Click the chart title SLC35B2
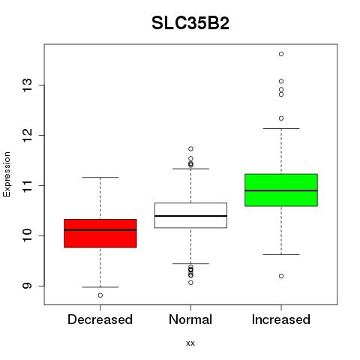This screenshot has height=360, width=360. tap(190, 23)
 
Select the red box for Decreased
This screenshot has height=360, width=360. tap(100, 233)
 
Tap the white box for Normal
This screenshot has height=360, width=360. tap(190, 215)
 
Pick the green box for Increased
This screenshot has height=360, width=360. tap(281, 190)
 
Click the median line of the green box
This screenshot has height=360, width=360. tap(281, 190)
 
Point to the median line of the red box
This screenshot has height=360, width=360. tap(100, 230)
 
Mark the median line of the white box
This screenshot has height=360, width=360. tap(190, 216)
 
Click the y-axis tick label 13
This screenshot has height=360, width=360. tap(27, 85)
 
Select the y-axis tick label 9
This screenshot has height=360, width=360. tap(27, 286)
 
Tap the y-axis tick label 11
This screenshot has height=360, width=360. tap(27, 185)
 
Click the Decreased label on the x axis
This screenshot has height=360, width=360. tap(100, 319)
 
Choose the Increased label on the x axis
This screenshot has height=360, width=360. tap(281, 319)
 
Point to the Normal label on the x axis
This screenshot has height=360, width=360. tap(190, 319)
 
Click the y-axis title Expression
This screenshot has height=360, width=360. tap(7, 174)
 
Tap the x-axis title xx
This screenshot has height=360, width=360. tap(190, 343)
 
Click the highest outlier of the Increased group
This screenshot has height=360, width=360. tap(281, 54)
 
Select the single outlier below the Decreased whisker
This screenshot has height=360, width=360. tap(100, 295)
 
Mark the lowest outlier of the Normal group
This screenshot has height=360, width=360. tap(190, 283)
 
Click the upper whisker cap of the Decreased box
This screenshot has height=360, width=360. tap(100, 177)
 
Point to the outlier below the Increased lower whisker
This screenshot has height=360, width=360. tap(281, 276)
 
